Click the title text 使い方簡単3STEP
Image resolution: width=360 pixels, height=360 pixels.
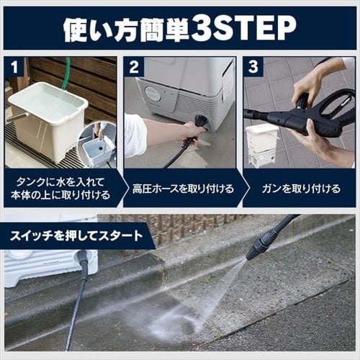click(179, 28)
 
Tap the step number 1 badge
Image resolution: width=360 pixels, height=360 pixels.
click(14, 67)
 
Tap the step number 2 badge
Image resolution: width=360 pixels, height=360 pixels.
click(133, 67)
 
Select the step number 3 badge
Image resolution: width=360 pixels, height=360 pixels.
click(253, 67)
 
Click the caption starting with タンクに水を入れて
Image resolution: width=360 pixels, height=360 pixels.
click(60, 189)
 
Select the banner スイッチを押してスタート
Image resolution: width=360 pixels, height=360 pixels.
click(75, 235)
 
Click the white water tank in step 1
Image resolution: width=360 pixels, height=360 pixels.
click(47, 119)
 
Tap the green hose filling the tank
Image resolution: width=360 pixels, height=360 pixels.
click(67, 72)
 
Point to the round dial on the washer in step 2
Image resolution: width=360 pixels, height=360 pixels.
click(153, 94)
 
